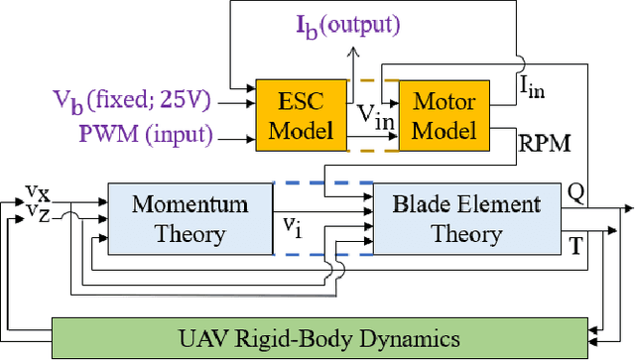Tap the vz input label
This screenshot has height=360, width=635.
tap(37, 211)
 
